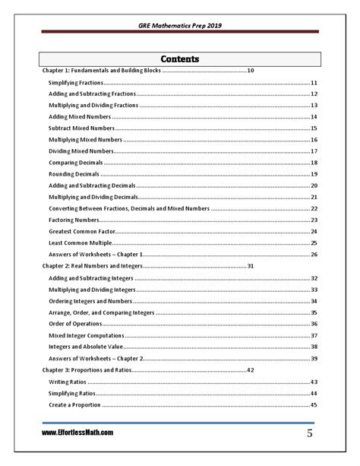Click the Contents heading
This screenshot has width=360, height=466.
pyautogui.click(x=180, y=59)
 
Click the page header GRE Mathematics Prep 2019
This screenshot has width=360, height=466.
pyautogui.click(x=179, y=24)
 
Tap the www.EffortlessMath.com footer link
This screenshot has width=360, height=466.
pyautogui.click(x=78, y=433)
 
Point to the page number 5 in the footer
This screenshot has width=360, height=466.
pyautogui.click(x=310, y=433)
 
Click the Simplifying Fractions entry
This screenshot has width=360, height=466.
pyautogui.click(x=75, y=82)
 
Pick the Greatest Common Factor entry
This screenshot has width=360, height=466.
pyautogui.click(x=77, y=230)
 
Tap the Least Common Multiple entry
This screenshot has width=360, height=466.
pyautogui.click(x=75, y=243)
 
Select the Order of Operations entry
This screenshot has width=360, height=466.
pyautogui.click(x=73, y=324)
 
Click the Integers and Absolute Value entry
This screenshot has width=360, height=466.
pyautogui.click(x=84, y=347)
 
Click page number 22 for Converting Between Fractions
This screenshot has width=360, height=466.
pyautogui.click(x=314, y=208)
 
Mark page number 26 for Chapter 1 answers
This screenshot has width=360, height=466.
pyautogui.click(x=314, y=255)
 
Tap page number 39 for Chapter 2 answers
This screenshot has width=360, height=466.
pyautogui.click(x=314, y=358)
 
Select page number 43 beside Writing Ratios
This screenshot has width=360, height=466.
pyautogui.click(x=314, y=382)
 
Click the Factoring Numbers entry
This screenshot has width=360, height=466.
pyautogui.click(x=73, y=220)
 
